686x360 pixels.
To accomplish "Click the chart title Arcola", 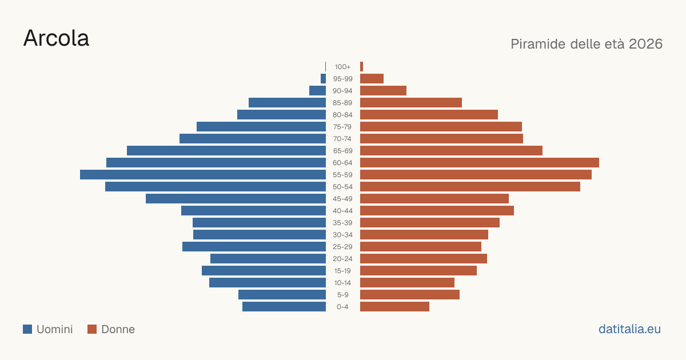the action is click(57, 38).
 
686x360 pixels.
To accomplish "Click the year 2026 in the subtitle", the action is click(645, 44).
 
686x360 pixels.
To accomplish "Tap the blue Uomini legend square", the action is click(27, 329).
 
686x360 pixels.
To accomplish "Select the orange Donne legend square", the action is click(92, 329).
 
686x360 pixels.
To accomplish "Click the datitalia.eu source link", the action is click(629, 329).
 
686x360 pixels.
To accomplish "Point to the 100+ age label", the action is click(342, 67).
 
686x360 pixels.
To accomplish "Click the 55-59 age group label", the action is click(342, 175).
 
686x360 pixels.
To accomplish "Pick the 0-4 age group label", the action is click(342, 307).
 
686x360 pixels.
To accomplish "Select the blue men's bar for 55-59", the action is click(203, 175).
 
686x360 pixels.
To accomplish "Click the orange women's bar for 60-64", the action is click(480, 162).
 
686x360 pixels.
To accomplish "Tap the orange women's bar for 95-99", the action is click(372, 79).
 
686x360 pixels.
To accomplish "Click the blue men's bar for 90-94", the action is click(318, 91).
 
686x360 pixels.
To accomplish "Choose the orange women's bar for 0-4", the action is click(395, 307).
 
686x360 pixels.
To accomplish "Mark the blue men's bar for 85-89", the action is click(287, 102).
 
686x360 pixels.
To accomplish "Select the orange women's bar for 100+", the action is click(362, 67).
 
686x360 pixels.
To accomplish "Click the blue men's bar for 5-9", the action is click(282, 295).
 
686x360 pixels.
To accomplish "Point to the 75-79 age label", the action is click(342, 127).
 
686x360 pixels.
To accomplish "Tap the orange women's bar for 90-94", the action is click(384, 91).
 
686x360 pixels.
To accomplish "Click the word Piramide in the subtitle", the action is click(538, 44).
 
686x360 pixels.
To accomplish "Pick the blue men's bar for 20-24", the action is click(268, 259).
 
